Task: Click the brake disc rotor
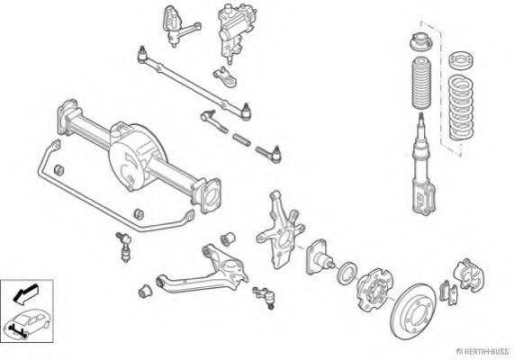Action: click(414, 311)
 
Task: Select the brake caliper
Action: click(469, 274)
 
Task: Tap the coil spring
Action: click(461, 107)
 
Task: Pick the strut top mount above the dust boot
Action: click(421, 41)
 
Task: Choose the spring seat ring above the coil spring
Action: click(461, 60)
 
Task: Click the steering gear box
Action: click(236, 31)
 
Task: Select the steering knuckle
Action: click(281, 229)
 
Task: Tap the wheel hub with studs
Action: click(374, 289)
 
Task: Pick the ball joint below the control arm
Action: click(265, 296)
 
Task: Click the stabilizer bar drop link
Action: click(124, 247)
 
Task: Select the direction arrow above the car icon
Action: click(25, 292)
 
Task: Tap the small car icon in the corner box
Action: click(26, 322)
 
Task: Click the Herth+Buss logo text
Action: click(482, 352)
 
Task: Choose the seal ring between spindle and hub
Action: click(347, 273)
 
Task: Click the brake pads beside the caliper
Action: click(447, 292)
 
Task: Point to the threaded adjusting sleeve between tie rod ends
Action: click(241, 139)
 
